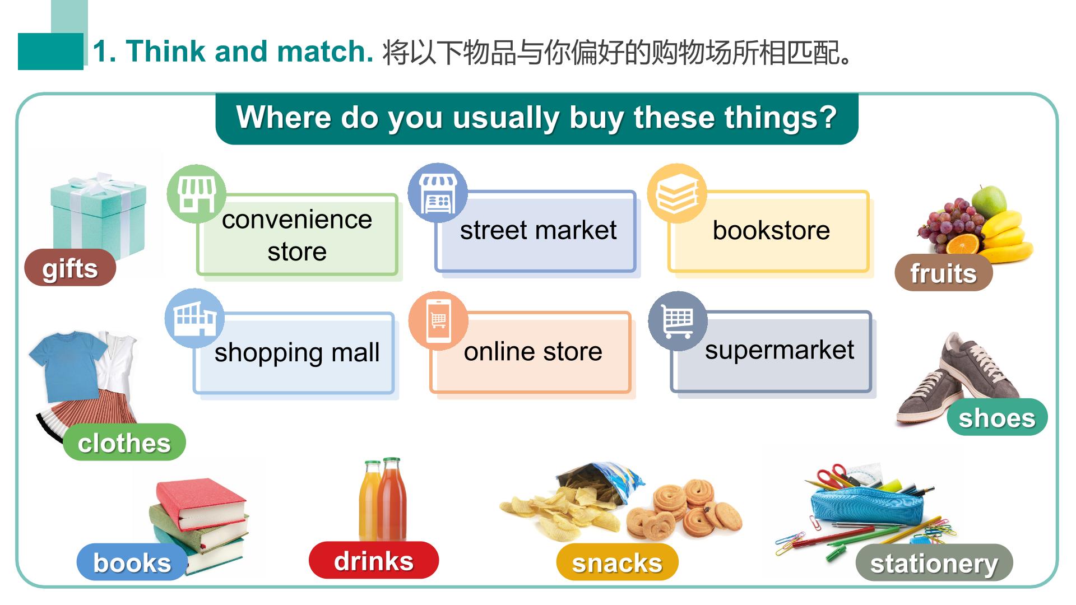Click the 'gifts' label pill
(x=70, y=268)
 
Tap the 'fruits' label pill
(x=944, y=273)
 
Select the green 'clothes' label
(x=124, y=443)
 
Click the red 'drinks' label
(x=374, y=560)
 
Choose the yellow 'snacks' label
(x=617, y=562)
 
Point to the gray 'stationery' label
(x=934, y=562)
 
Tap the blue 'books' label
(x=132, y=562)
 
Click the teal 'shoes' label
(x=997, y=417)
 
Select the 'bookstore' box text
(x=771, y=230)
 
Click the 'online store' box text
(x=533, y=351)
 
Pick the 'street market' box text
(x=538, y=230)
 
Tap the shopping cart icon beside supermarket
(x=678, y=321)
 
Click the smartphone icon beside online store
(x=438, y=321)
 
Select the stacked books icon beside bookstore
(x=677, y=194)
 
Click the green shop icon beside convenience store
(x=196, y=194)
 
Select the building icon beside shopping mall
(x=194, y=319)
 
